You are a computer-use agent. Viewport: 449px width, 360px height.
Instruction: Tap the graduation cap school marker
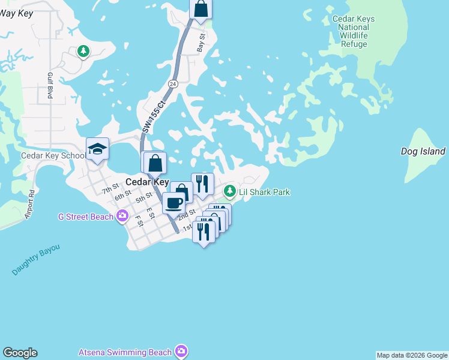(x=97, y=149)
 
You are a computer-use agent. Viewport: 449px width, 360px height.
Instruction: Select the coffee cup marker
(x=174, y=203)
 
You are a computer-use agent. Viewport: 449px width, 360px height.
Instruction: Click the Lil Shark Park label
(x=264, y=192)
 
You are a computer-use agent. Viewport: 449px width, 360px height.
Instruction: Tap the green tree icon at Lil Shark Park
(x=229, y=191)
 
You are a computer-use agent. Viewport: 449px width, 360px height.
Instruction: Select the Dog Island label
(x=423, y=152)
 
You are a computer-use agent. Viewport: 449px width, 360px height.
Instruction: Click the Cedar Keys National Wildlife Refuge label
(x=353, y=31)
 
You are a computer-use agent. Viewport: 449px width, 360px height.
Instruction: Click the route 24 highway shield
(x=173, y=83)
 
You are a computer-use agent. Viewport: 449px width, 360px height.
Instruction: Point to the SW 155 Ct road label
(x=154, y=116)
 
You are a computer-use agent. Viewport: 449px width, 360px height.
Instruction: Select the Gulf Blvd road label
(x=50, y=86)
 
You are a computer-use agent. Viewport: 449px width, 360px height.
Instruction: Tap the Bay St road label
(x=202, y=44)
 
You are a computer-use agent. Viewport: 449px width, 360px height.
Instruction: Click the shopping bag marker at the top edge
(x=201, y=9)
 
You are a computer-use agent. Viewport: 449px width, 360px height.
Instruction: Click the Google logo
(x=20, y=353)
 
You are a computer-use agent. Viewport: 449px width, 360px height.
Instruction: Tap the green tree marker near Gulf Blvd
(x=83, y=52)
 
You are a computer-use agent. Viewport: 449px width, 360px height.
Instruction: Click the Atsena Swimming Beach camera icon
(x=181, y=352)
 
